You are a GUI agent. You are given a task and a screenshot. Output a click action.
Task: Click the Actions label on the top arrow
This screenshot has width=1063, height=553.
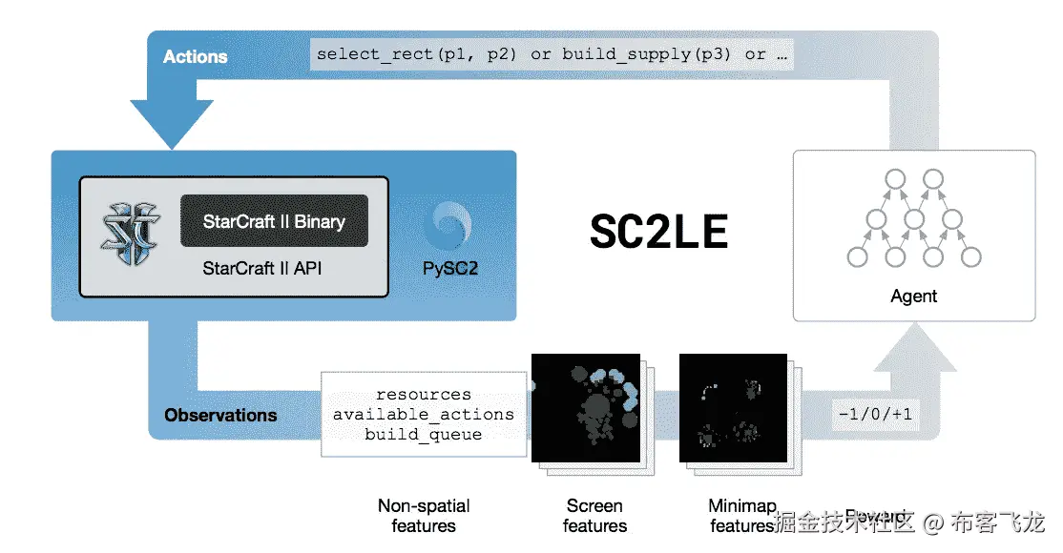pos(195,56)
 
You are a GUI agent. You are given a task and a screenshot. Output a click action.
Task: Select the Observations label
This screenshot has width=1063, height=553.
pos(220,415)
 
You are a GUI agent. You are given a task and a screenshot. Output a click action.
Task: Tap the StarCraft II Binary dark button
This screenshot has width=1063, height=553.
pos(274,221)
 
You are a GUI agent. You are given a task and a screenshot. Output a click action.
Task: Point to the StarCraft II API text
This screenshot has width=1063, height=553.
pos(262,268)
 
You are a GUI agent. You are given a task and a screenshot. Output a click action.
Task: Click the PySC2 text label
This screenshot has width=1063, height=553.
pos(450,268)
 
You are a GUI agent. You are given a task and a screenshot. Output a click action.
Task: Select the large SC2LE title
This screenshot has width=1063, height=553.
pos(658,230)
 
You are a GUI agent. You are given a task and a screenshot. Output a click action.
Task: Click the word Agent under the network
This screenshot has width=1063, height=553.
pos(914,296)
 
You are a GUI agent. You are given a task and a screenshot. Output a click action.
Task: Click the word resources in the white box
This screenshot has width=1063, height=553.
pos(423,394)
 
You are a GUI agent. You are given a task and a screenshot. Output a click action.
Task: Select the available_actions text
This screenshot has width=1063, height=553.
pos(423,414)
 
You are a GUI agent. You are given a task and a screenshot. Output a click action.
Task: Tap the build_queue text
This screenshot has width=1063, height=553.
pos(423,434)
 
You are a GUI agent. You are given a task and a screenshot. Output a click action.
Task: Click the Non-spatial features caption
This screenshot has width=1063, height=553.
pos(424,516)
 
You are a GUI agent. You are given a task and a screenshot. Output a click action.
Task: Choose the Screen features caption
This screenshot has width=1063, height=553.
pos(594,516)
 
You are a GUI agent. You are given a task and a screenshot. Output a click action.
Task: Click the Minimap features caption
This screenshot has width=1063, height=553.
pos(742,516)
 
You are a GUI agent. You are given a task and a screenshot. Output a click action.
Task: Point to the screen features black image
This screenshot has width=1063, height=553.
pos(583,407)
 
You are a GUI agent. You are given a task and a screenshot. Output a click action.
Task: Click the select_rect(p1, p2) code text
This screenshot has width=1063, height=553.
pos(417,53)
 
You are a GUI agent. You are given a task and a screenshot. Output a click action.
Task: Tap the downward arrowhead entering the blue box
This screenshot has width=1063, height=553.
pos(173,123)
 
